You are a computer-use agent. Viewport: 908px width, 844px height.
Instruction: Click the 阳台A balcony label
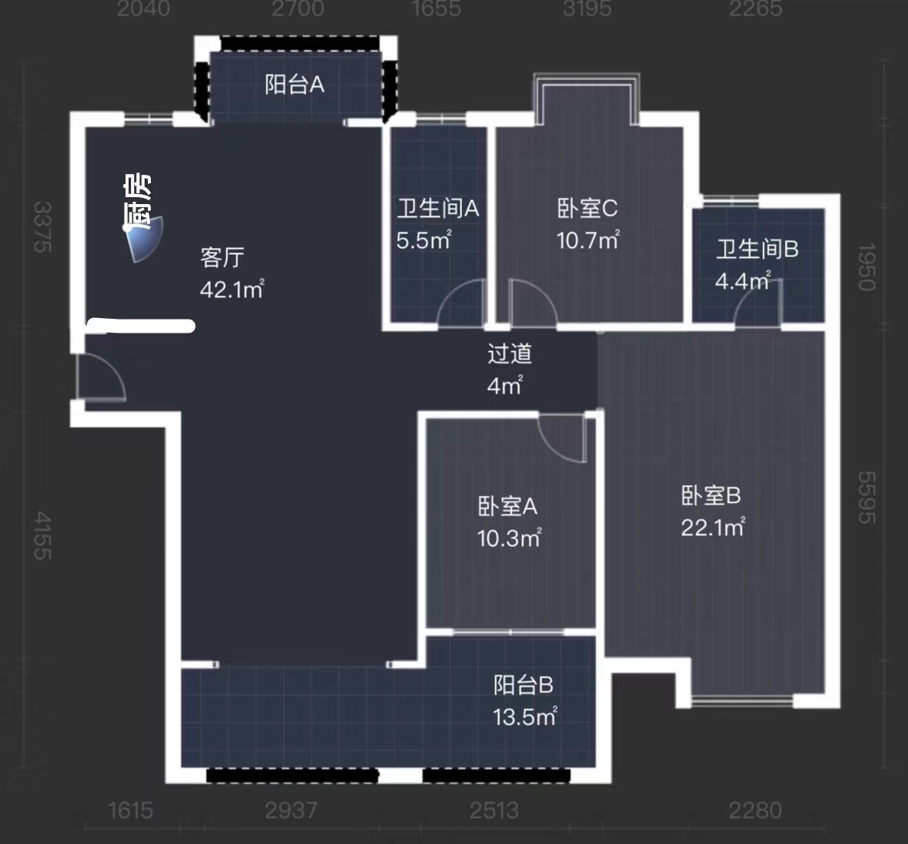(294, 84)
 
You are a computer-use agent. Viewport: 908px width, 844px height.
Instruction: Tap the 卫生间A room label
(437, 208)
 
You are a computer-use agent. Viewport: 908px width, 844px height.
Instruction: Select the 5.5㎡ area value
(423, 240)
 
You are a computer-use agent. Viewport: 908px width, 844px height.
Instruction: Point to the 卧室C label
(587, 208)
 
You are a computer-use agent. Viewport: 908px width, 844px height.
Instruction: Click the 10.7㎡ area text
(587, 240)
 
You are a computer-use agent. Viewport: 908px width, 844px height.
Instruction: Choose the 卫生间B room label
(757, 249)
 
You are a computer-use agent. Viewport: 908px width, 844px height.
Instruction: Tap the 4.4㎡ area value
(742, 280)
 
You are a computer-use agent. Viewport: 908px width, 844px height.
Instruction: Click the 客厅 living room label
(223, 257)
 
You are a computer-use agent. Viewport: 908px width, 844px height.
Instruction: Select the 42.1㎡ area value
(231, 290)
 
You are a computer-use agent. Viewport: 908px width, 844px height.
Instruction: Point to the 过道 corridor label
(509, 353)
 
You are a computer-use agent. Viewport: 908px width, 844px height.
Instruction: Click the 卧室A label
(508, 506)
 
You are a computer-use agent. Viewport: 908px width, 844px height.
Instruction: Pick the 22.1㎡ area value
(712, 527)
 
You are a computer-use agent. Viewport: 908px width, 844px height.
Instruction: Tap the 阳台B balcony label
(524, 685)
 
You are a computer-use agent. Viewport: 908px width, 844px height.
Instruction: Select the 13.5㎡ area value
(524, 717)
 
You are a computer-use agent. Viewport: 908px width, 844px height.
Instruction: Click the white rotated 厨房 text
(138, 203)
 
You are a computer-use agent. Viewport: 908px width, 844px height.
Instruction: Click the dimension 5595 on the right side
(866, 497)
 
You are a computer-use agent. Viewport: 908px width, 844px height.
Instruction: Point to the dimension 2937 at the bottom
(290, 810)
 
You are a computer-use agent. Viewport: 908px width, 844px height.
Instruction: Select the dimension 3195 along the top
(587, 8)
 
